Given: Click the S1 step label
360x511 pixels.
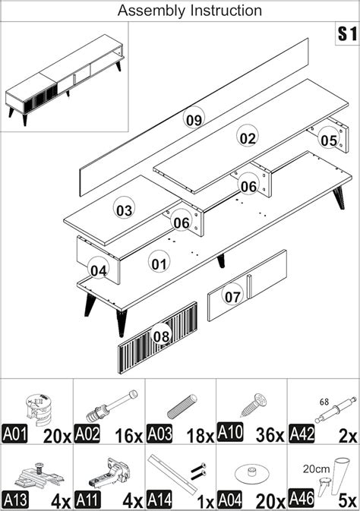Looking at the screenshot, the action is tap(347, 33).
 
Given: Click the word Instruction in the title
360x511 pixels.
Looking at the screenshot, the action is tap(226, 11).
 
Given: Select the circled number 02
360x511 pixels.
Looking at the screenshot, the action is tap(248, 137).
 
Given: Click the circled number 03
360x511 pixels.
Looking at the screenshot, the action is tap(125, 210).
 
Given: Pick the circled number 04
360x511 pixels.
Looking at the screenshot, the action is tap(99, 270).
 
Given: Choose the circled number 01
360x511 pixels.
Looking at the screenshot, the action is tap(159, 263).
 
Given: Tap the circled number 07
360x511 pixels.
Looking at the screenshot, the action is tap(232, 295).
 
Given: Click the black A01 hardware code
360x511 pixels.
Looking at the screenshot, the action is tap(14, 434).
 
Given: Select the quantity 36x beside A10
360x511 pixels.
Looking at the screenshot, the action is tap(270, 434).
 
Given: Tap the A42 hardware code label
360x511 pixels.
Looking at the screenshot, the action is tap(302, 434).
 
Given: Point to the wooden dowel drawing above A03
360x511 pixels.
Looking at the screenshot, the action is tap(182, 406).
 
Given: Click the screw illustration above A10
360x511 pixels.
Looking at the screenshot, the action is tap(254, 405).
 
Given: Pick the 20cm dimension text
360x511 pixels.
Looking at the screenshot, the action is tap(316, 469).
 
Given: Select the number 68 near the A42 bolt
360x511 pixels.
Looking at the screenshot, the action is tap(324, 402).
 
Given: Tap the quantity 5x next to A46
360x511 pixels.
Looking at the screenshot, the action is tap(348, 500).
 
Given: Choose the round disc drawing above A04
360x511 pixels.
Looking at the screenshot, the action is tap(251, 473).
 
